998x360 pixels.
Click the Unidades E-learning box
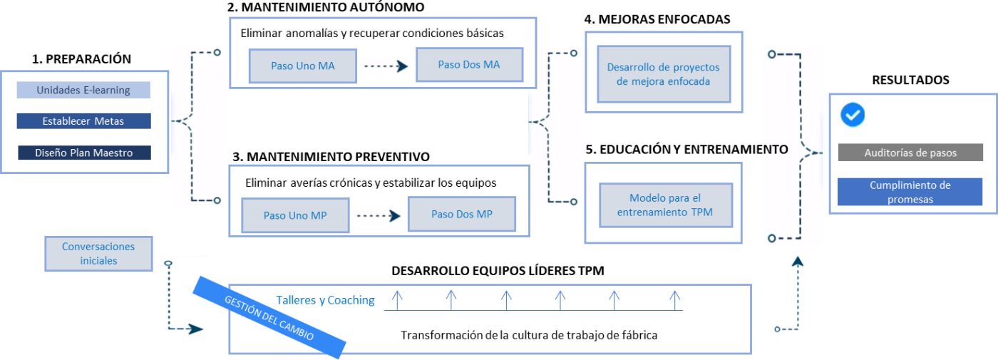click(x=83, y=90)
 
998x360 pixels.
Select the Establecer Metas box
click(x=83, y=121)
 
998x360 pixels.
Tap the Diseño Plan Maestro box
click(x=84, y=153)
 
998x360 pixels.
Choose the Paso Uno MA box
click(x=302, y=66)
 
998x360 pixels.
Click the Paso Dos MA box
click(x=469, y=65)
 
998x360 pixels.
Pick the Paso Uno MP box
click(x=294, y=215)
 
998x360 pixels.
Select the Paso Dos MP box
click(x=461, y=214)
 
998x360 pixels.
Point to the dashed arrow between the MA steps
click(x=386, y=66)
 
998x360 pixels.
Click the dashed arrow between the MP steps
click(x=377, y=215)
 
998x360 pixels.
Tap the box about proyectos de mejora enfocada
click(x=663, y=74)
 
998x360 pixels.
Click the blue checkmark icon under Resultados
click(x=853, y=114)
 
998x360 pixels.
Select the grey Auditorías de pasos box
click(x=910, y=153)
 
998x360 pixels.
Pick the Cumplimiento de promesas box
click(x=910, y=192)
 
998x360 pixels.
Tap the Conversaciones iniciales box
click(x=98, y=253)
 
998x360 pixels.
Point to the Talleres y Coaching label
click(x=325, y=300)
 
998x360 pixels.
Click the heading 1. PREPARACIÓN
click(x=82, y=59)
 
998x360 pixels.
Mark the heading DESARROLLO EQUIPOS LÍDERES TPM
click(x=498, y=271)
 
